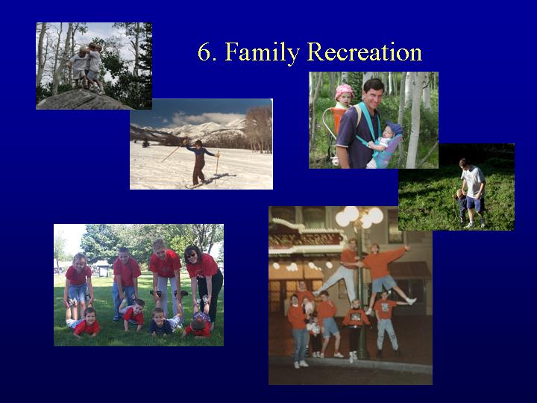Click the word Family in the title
262,52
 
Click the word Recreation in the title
365,51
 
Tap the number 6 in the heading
206,52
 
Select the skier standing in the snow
198,162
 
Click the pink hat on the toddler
344,92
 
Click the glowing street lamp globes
359,216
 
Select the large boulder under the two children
82,100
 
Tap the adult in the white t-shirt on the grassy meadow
474,193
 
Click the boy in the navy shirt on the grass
161,322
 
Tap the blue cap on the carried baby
395,127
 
